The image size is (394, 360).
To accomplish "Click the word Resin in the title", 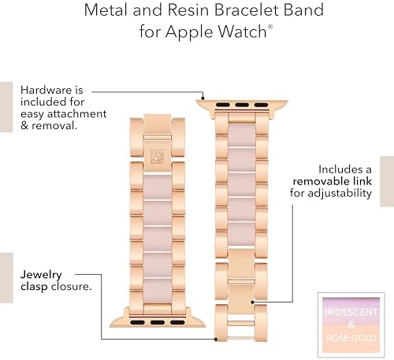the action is point(188,10).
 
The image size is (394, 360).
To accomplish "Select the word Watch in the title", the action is point(242,32).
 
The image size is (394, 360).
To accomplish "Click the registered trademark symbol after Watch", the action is point(270,27).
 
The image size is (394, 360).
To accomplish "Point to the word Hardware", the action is point(46,90).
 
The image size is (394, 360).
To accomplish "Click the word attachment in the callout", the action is point(76,113).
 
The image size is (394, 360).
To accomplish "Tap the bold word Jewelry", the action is point(41,275).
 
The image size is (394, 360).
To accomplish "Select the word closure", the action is point(71,286).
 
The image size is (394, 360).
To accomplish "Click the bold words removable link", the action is point(333,181).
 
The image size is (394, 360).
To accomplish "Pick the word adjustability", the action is point(340,194).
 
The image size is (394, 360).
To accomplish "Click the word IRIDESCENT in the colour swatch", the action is point(351,312).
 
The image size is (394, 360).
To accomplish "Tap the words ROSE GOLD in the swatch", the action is point(351,338).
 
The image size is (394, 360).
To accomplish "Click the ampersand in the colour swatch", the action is point(351,325).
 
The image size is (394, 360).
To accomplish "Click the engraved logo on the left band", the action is point(157,157).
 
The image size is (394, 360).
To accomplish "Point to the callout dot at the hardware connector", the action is point(203,98).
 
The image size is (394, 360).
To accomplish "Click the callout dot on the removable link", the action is point(252,302).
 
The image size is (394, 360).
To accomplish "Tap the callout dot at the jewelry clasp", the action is point(216,339).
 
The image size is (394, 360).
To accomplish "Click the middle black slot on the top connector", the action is point(242,105).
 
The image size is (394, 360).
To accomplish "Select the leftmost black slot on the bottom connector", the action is point(137,322).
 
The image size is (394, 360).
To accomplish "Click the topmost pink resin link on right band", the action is point(242,135).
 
